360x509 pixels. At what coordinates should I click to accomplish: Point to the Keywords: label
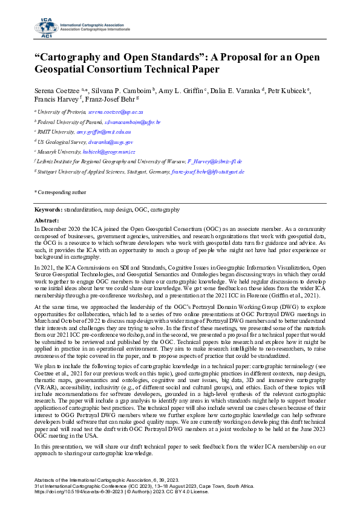pyautogui.click(x=48, y=210)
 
